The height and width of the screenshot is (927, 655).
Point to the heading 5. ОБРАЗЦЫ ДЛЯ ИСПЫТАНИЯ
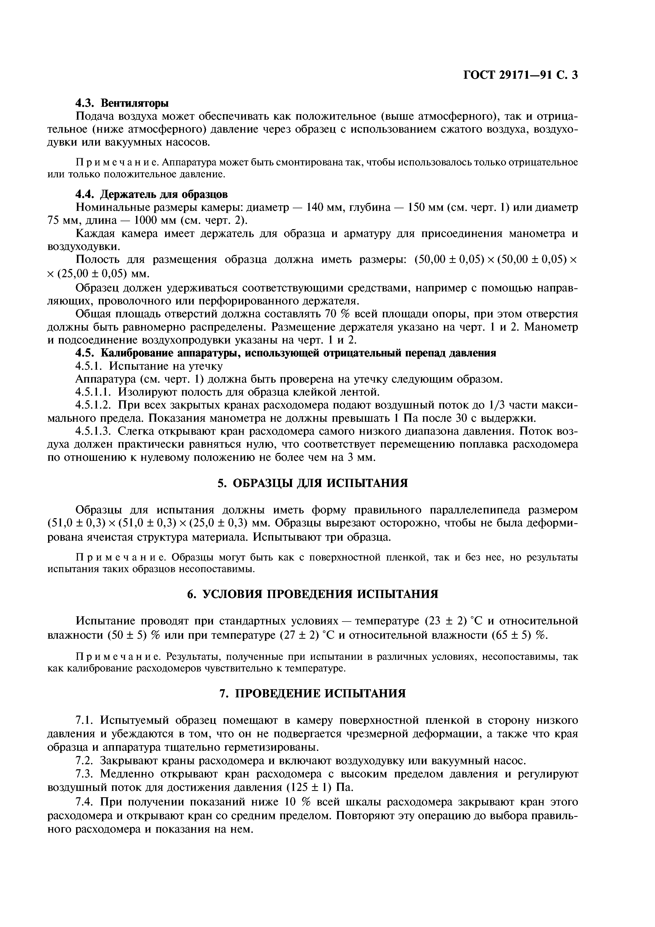pos(312,483)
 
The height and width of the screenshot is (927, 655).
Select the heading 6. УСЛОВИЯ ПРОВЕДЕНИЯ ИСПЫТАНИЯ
pos(312,594)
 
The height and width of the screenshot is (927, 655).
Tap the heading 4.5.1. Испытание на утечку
pos(149,366)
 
